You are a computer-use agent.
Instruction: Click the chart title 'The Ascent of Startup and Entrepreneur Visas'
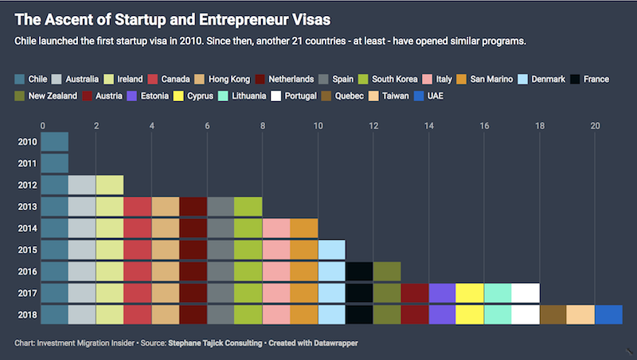click(x=173, y=18)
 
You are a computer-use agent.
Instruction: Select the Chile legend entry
click(x=31, y=79)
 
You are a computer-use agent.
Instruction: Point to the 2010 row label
click(x=25, y=142)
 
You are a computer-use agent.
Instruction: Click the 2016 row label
click(x=25, y=271)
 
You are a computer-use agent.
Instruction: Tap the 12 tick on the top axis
click(x=373, y=125)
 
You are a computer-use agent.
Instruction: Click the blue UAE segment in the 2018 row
click(x=608, y=314)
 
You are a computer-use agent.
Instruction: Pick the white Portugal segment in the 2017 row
click(x=526, y=292)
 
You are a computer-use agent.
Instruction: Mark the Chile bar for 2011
click(x=54, y=163)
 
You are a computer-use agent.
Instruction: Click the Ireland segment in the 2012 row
click(x=109, y=185)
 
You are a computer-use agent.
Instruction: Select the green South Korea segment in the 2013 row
click(x=248, y=206)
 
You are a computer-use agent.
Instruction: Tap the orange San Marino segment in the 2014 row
click(x=303, y=228)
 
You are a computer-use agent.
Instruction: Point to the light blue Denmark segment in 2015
click(x=331, y=249)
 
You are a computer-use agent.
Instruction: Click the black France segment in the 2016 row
click(x=358, y=271)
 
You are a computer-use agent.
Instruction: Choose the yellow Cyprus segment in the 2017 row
click(x=469, y=292)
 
